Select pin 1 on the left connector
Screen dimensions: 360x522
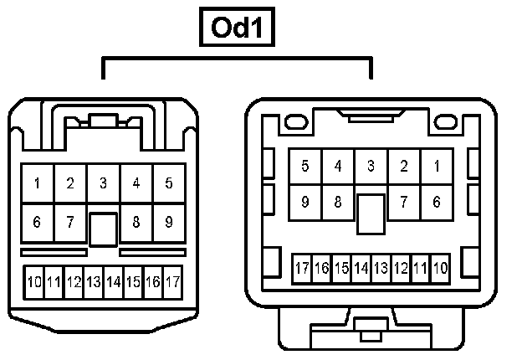click(x=38, y=183)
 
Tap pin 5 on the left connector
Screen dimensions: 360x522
click(x=169, y=183)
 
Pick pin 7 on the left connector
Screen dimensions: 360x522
click(x=70, y=223)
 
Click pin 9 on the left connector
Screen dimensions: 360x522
click(x=169, y=223)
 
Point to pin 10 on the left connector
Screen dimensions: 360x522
click(x=33, y=282)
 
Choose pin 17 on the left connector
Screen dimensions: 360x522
click(x=173, y=282)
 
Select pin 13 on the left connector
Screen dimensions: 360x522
click(x=94, y=282)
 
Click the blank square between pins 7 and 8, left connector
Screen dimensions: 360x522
click(x=103, y=228)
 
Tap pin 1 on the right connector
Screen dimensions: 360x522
click(x=437, y=167)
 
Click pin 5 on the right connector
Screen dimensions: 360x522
click(x=305, y=167)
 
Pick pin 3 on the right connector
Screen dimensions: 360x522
click(x=371, y=167)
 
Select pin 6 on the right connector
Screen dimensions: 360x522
click(x=437, y=202)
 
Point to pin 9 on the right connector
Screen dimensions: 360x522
click(x=305, y=202)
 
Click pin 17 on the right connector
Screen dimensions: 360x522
click(x=302, y=269)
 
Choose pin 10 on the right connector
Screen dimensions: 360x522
click(x=441, y=269)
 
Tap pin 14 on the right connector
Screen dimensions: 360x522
click(x=361, y=269)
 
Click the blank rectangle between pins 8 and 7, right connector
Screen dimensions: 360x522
click(x=371, y=213)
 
